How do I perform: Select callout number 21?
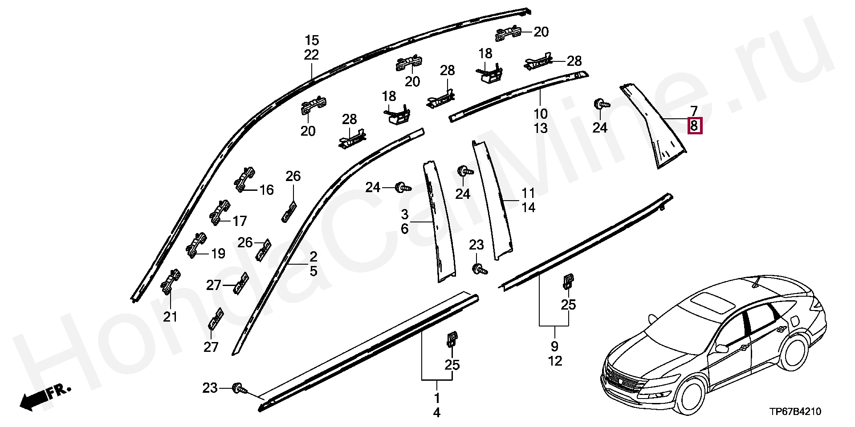pyautogui.click(x=170, y=317)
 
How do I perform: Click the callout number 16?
pyautogui.click(x=266, y=190)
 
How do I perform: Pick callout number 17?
pyautogui.click(x=240, y=221)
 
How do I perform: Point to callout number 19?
pyautogui.click(x=218, y=254)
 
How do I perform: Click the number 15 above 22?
pyautogui.click(x=312, y=41)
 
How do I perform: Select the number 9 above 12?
pyautogui.click(x=554, y=346)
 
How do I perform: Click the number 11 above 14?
pyautogui.click(x=528, y=193)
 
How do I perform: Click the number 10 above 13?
pyautogui.click(x=541, y=114)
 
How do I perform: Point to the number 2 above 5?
pyautogui.click(x=313, y=257)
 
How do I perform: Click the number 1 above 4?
pyautogui.click(x=436, y=398)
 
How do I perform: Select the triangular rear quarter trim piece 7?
pyautogui.click(x=655, y=129)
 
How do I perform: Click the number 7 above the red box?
pyautogui.click(x=694, y=110)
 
